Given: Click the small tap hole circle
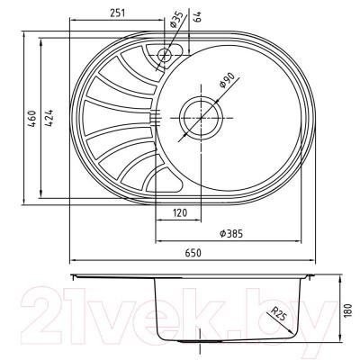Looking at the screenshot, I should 165,55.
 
